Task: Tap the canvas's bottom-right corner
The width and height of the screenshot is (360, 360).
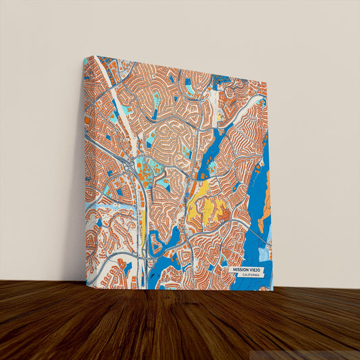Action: tap(273, 290)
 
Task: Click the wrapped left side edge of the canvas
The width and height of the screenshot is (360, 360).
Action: tap(84, 169)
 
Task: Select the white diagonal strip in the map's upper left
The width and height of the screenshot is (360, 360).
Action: tap(108, 81)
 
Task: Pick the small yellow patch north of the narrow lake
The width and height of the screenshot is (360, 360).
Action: tap(219, 115)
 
